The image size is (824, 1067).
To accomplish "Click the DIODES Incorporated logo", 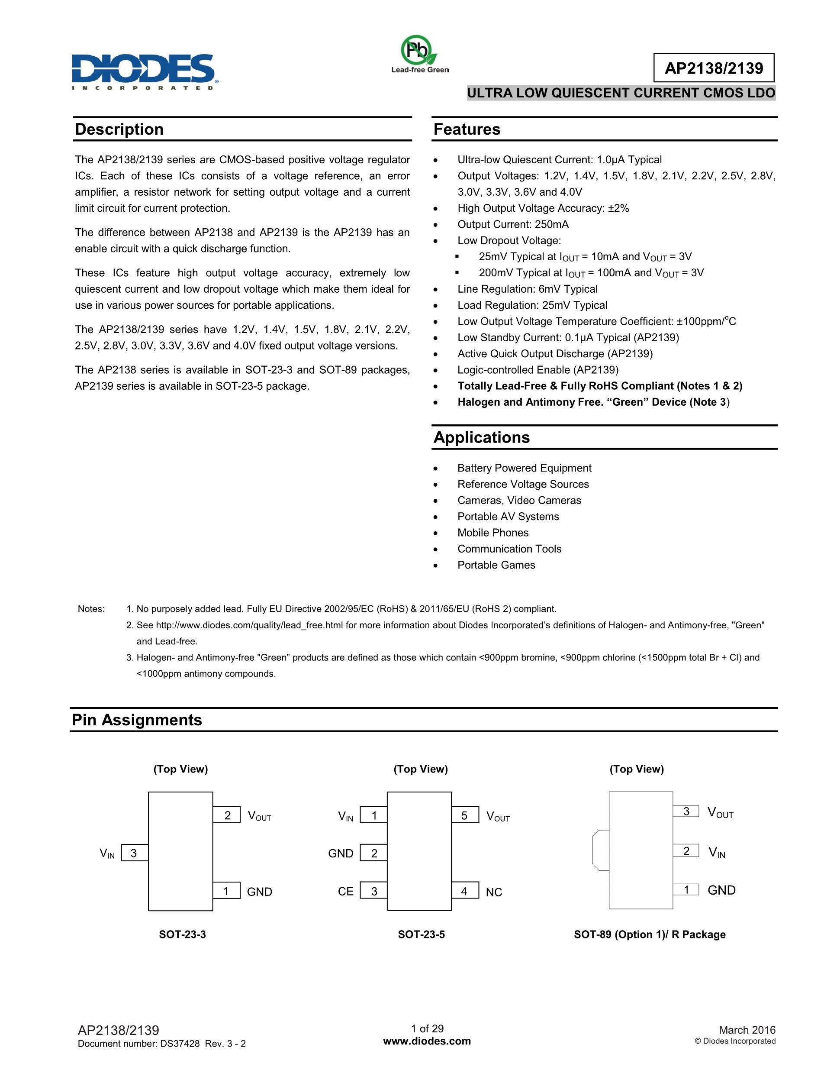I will point(145,71).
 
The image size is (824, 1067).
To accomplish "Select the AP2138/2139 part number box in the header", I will point(713,68).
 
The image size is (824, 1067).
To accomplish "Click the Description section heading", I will point(119,129).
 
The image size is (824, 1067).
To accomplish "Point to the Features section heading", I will point(467,129).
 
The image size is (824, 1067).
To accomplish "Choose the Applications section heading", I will point(481,437).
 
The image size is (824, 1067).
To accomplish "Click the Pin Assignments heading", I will point(137,720).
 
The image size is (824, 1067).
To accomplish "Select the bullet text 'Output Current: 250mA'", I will point(512,224).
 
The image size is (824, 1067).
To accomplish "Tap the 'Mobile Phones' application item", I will point(492,533).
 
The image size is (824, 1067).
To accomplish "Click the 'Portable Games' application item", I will point(496,565).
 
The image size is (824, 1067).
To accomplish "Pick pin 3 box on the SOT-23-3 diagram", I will point(134,853).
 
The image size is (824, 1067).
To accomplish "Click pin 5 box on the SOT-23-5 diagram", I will point(465,815).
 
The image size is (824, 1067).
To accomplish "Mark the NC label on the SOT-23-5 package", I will point(493,892).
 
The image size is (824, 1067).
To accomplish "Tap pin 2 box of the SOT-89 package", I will point(686,851).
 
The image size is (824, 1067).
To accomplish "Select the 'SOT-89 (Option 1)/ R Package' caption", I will point(649,934).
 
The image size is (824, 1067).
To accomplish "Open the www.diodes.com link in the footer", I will point(427,1041).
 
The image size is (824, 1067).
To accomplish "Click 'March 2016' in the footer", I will point(747,1030).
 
